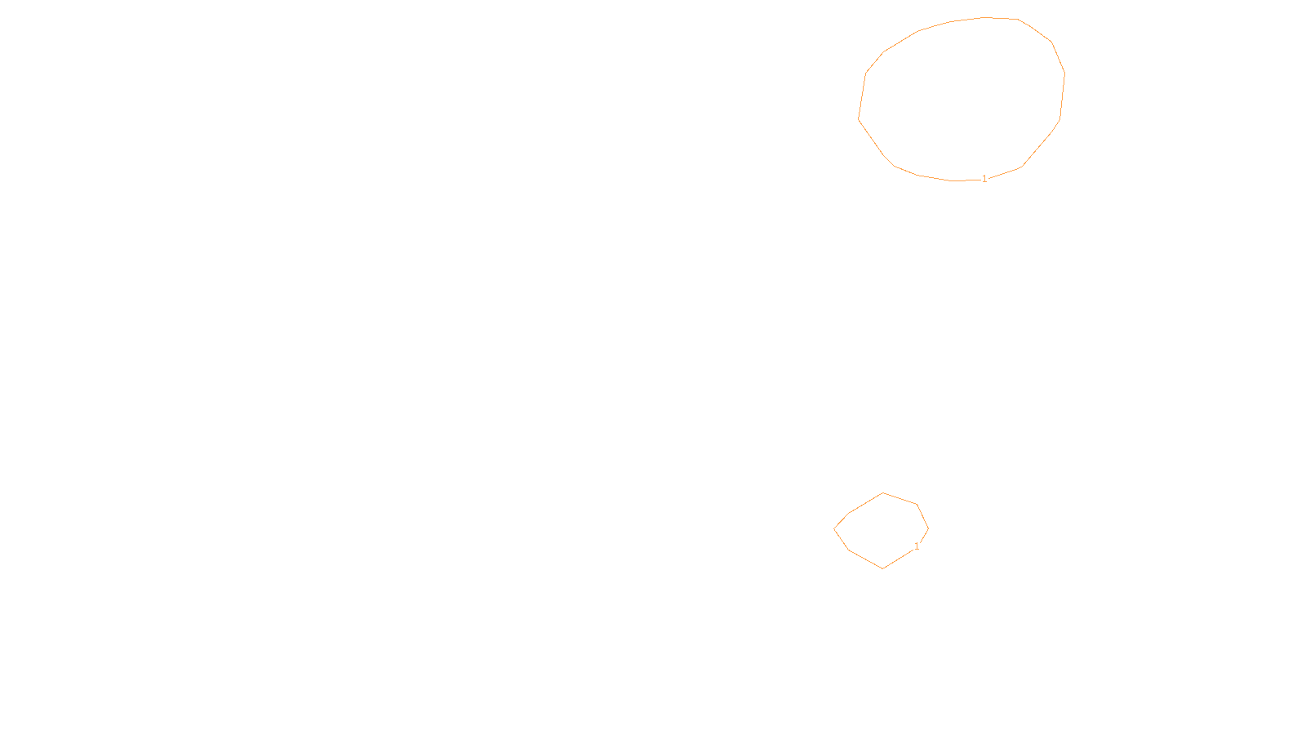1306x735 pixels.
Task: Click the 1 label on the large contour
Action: click(984, 179)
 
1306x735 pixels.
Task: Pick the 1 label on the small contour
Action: click(917, 546)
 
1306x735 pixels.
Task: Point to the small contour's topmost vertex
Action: click(883, 493)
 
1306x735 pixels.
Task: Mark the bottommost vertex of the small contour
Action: click(883, 568)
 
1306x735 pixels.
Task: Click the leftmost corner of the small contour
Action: click(834, 528)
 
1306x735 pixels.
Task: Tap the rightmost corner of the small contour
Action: click(928, 528)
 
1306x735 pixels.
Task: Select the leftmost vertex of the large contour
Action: click(859, 119)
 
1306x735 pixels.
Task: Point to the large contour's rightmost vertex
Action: click(1065, 73)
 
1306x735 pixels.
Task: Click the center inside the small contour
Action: click(882, 531)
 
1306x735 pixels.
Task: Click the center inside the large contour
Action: click(962, 98)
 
